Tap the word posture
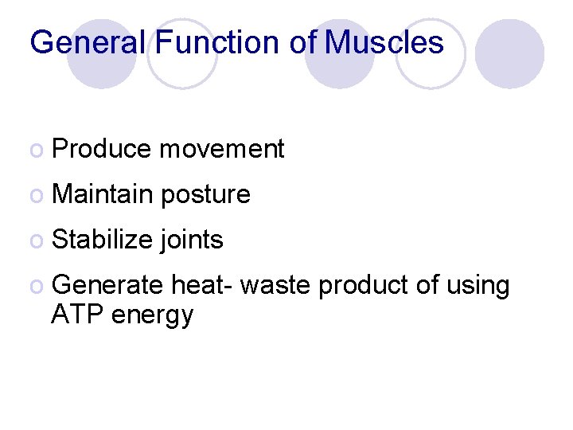[205, 195]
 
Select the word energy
[153, 316]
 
